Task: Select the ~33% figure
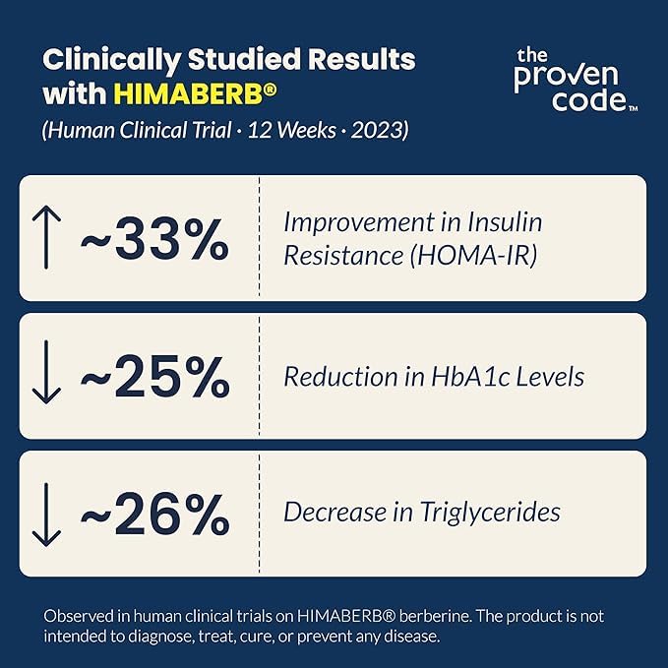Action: tap(155, 238)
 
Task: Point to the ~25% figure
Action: tap(155, 378)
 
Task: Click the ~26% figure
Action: tap(155, 514)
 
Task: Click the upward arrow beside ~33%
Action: tap(46, 237)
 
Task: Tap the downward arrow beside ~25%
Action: tap(46, 372)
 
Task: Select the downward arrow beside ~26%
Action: tap(46, 515)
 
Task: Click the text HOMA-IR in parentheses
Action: tap(473, 256)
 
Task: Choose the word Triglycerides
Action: tap(490, 513)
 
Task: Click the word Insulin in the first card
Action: tap(506, 222)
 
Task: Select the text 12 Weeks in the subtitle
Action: tap(291, 130)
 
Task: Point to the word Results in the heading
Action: tap(362, 60)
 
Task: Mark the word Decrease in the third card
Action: tap(335, 512)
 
